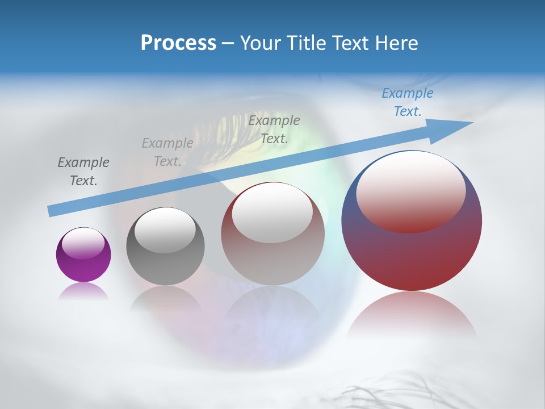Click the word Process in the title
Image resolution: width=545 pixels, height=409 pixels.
(178, 43)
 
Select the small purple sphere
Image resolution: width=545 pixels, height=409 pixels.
(83, 254)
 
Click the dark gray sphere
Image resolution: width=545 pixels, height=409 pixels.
(165, 246)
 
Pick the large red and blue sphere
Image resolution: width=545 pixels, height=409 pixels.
(412, 220)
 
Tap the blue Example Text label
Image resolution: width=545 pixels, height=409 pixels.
(408, 102)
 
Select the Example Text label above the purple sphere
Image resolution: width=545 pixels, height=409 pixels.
(83, 171)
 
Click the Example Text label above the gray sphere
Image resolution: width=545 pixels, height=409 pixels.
(167, 152)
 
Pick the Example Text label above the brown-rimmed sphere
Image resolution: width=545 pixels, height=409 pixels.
(274, 129)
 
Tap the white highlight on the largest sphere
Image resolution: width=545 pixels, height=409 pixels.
(410, 190)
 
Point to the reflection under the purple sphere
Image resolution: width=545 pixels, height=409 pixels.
(83, 291)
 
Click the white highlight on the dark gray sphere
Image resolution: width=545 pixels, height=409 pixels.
(165, 230)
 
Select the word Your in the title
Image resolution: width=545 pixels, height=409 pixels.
(259, 43)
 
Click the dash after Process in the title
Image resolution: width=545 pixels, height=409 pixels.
(228, 43)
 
